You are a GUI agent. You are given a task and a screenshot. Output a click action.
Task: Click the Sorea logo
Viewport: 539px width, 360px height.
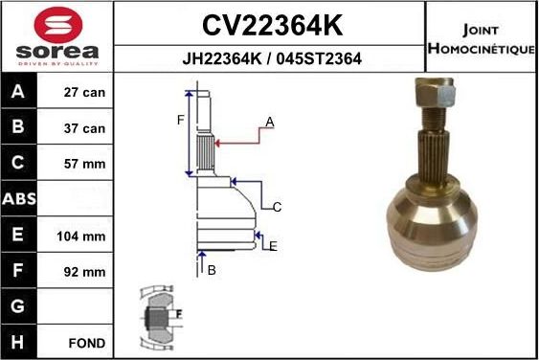56,36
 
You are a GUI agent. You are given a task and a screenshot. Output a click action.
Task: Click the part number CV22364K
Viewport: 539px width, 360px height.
271,23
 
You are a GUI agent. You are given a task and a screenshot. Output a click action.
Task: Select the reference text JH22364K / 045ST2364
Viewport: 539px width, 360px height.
271,58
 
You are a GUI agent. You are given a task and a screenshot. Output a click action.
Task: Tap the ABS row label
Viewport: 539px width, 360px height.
18,199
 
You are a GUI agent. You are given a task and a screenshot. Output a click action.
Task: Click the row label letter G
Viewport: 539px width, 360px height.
18,306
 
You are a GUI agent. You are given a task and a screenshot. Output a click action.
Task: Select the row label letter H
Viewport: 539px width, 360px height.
18,342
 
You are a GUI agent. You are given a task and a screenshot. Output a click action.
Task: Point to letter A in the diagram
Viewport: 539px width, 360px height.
270,122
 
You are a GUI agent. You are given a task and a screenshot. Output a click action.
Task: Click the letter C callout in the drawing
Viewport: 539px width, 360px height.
277,207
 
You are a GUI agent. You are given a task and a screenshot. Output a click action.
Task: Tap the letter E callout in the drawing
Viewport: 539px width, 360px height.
273,246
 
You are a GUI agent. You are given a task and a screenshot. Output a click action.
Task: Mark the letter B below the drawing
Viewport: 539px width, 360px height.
212,270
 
